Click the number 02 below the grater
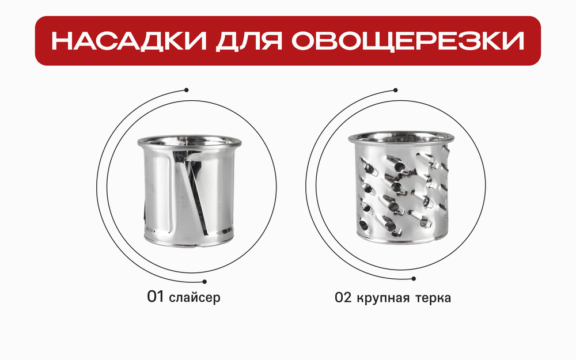coord(344,298)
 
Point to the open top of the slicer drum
coord(187,142)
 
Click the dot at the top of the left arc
coord(187,89)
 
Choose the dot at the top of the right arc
coord(396,89)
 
